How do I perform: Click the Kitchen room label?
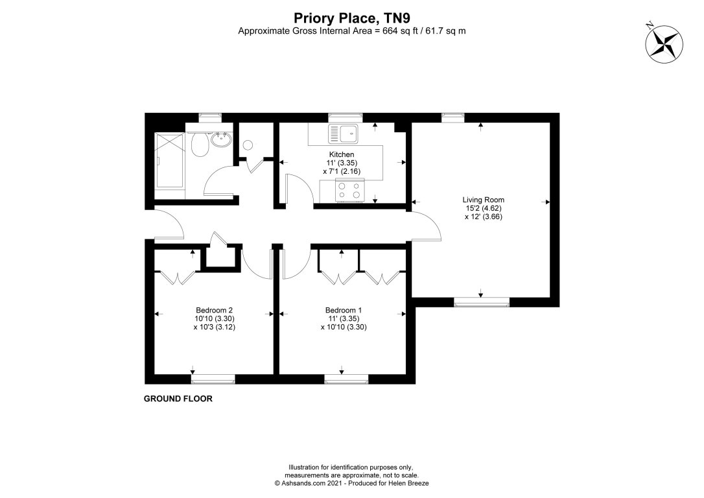[341, 154]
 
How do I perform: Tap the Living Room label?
[483, 200]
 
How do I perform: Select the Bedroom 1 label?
[344, 310]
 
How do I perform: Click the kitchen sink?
[344, 134]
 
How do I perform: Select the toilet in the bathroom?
[201, 144]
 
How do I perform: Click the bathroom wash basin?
[222, 138]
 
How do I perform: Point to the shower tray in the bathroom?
[170, 160]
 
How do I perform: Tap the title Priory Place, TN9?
[352, 18]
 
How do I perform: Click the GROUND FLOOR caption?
[178, 399]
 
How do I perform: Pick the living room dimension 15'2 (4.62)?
[483, 209]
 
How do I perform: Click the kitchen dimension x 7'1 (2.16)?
[341, 171]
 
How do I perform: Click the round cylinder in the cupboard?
[247, 145]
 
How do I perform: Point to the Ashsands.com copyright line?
[351, 484]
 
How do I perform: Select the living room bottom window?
[481, 300]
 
